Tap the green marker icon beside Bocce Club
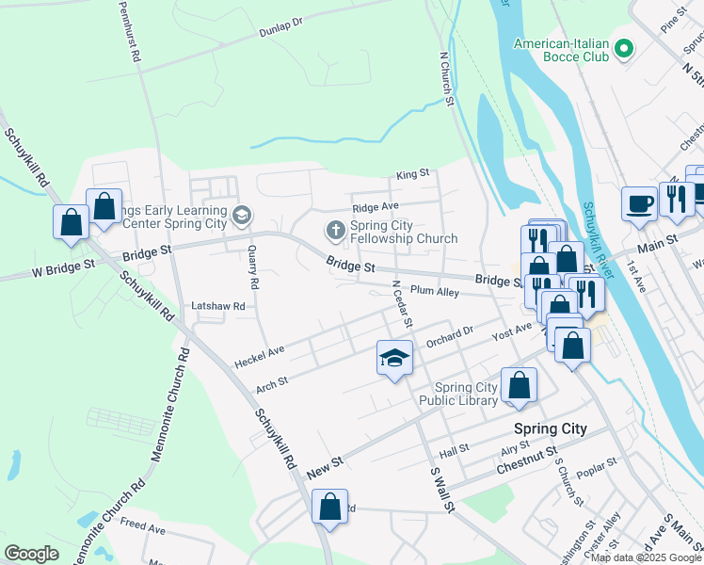click(622, 48)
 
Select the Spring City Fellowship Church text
click(403, 232)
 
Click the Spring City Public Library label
click(465, 394)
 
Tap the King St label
click(412, 174)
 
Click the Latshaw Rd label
click(217, 306)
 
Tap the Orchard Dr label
click(449, 336)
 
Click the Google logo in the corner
click(31, 553)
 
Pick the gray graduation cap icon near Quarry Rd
click(243, 217)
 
